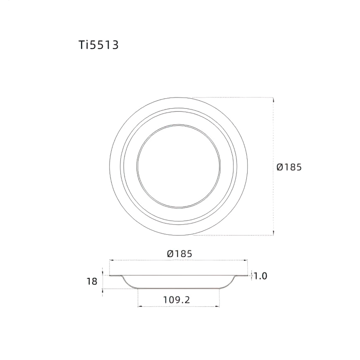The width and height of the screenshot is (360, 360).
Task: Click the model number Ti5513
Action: coord(99,45)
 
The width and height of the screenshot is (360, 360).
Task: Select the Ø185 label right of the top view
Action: coord(289,167)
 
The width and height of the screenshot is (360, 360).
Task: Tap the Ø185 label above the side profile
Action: coord(179,254)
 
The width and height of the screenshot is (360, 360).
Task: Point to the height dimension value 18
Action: coord(92,282)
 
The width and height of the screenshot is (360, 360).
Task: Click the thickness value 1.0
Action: coord(260,276)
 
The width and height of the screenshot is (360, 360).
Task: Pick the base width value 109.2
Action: coord(177,299)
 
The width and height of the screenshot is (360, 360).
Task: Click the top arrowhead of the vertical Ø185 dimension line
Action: coord(273,99)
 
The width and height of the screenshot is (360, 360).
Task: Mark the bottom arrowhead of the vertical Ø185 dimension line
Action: coord(273,234)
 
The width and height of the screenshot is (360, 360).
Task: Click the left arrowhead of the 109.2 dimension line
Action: coord(139,306)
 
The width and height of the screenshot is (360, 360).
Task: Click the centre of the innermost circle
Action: coord(178,166)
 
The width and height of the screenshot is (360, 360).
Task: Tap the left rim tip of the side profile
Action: coord(110,276)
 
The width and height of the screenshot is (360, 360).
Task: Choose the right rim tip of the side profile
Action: coord(248,276)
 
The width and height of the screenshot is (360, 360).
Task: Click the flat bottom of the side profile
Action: coord(178,288)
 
